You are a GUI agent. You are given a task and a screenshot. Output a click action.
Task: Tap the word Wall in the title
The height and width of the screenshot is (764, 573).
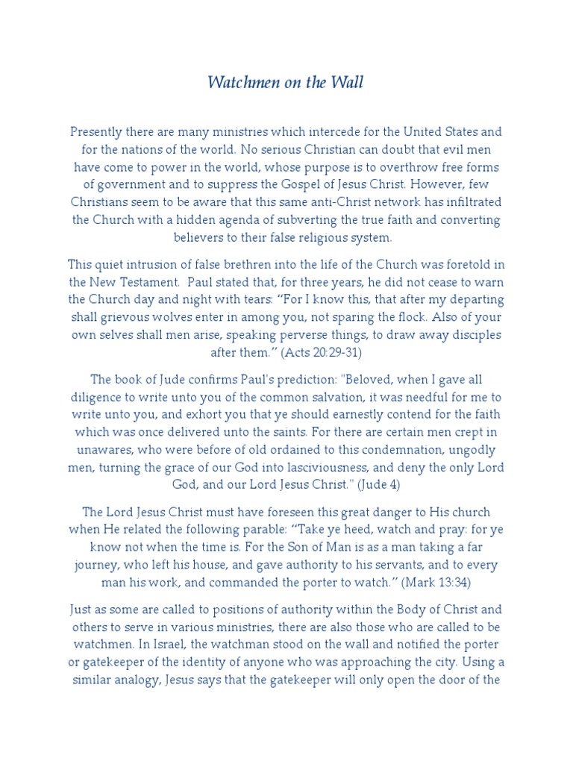click(348, 83)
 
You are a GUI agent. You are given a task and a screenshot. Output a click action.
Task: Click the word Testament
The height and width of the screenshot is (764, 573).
click(148, 282)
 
